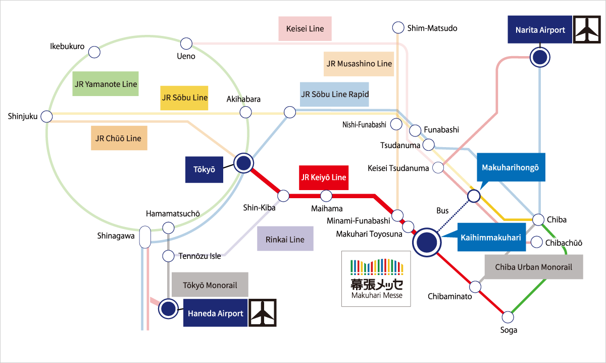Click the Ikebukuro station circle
94,52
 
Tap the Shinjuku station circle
46,117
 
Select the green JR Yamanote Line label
106,84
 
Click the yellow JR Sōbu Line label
184,98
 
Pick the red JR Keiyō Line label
324,177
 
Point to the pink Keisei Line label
305,29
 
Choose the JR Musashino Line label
359,64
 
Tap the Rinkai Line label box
285,239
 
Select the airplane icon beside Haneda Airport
263,313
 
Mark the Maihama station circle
326,195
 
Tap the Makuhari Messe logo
377,278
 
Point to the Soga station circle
508,317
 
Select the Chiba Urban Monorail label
533,267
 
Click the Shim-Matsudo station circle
398,28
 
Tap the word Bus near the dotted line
442,210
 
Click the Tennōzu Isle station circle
169,256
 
